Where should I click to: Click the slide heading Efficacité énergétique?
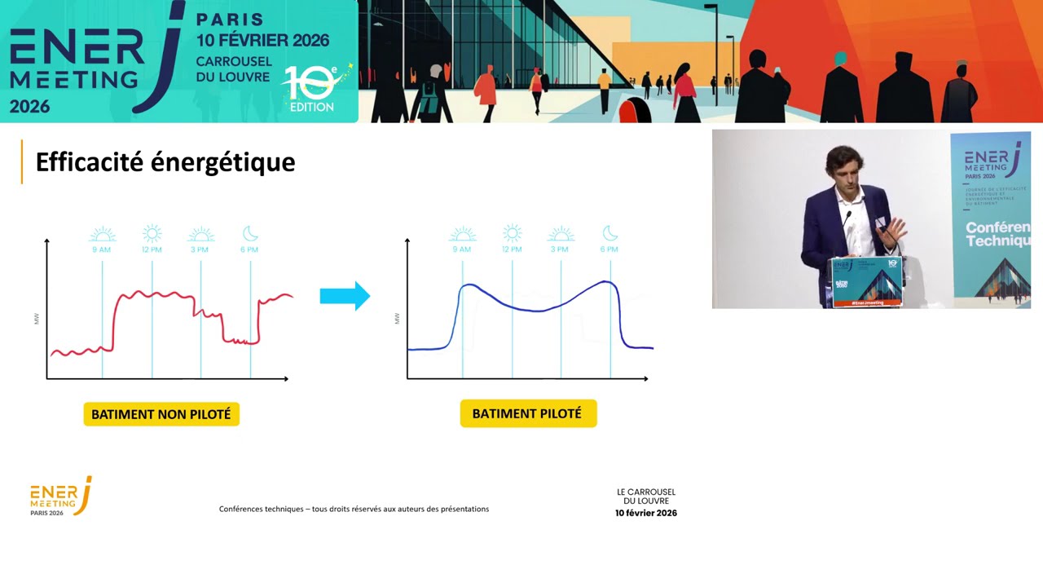(165, 162)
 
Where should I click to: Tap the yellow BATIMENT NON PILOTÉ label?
(161, 414)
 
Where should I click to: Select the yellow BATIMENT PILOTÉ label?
(527, 413)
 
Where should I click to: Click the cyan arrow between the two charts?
(345, 296)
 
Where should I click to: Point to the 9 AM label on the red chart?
(102, 249)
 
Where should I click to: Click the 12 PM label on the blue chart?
(512, 249)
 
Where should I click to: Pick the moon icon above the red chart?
(250, 234)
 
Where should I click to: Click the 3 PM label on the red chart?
(200, 249)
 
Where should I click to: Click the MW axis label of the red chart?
(37, 319)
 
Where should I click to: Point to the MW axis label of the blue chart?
(397, 319)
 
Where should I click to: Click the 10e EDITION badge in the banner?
(314, 90)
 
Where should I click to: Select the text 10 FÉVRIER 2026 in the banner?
(262, 40)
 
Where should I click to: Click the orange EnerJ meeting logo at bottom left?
(61, 496)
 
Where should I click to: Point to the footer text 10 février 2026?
(646, 513)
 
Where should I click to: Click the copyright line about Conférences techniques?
(354, 509)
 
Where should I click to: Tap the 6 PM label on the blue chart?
(609, 249)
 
